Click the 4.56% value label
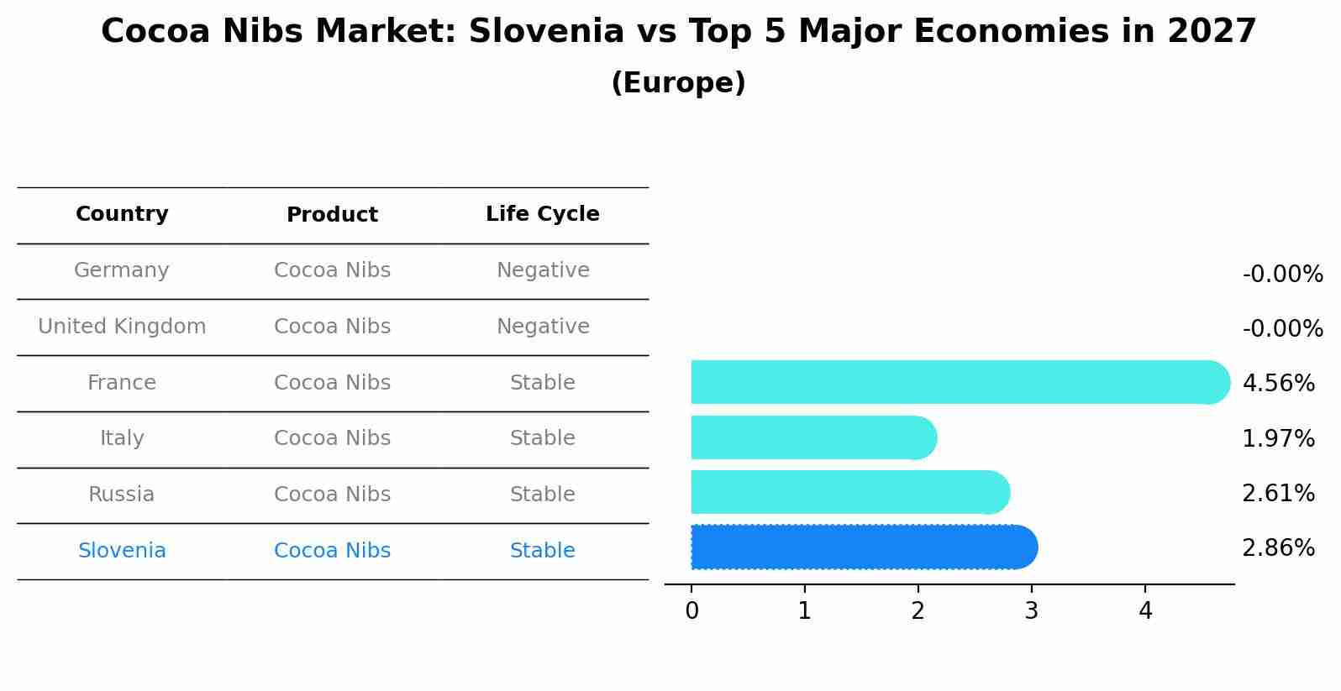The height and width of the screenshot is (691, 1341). (x=1278, y=384)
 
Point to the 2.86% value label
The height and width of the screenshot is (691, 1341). (x=1278, y=548)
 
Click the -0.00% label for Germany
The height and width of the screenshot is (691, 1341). (x=1282, y=275)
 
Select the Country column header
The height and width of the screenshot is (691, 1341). (x=122, y=214)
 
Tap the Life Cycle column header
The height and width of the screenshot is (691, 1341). (x=543, y=214)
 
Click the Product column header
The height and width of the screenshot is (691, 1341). (x=332, y=215)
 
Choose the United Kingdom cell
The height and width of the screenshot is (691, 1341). (x=122, y=327)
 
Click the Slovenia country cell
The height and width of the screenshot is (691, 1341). (x=122, y=551)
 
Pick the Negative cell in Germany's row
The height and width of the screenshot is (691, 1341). (x=543, y=270)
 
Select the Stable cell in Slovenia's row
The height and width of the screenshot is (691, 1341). (x=543, y=551)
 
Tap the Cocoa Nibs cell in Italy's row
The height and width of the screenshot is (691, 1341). (x=332, y=438)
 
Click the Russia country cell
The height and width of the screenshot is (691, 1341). (x=122, y=495)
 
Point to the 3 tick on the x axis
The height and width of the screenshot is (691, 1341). (x=1031, y=611)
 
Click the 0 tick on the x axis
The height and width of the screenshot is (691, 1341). (x=692, y=611)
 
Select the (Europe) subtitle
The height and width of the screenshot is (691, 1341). (x=678, y=83)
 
